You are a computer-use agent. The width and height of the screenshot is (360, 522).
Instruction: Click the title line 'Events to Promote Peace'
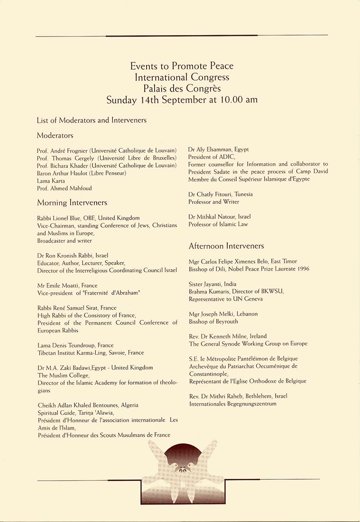pos(182,66)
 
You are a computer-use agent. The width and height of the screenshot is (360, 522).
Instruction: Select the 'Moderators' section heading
pos(55,135)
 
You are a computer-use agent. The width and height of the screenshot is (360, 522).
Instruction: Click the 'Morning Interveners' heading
pos(72,203)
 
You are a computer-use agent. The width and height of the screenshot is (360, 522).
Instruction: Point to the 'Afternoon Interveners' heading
pos(226,246)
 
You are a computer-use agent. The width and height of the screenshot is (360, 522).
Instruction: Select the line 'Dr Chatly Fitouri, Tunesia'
pos(221,194)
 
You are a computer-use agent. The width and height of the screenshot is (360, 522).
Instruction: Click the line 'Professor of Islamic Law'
pos(218,224)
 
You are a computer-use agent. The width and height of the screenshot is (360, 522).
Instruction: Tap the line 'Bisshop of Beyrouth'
pos(213,321)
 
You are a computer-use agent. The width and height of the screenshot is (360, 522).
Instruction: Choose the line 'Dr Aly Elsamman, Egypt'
pos(219,149)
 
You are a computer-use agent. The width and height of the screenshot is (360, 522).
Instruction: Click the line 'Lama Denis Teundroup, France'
pos(75,345)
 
